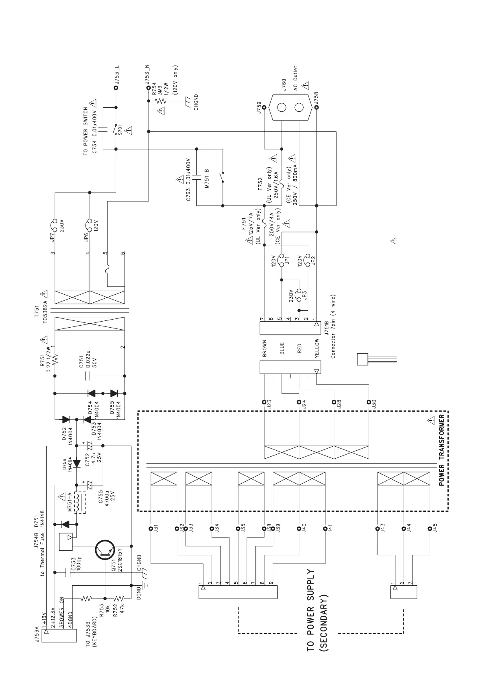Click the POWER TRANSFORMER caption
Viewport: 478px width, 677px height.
(x=442, y=450)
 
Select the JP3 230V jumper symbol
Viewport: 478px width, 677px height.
(x=299, y=295)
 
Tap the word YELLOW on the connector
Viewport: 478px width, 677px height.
(x=317, y=348)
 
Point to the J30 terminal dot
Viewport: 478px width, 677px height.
(x=369, y=402)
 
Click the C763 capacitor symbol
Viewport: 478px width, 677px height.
(x=197, y=176)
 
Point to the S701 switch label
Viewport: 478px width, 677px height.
(x=120, y=131)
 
